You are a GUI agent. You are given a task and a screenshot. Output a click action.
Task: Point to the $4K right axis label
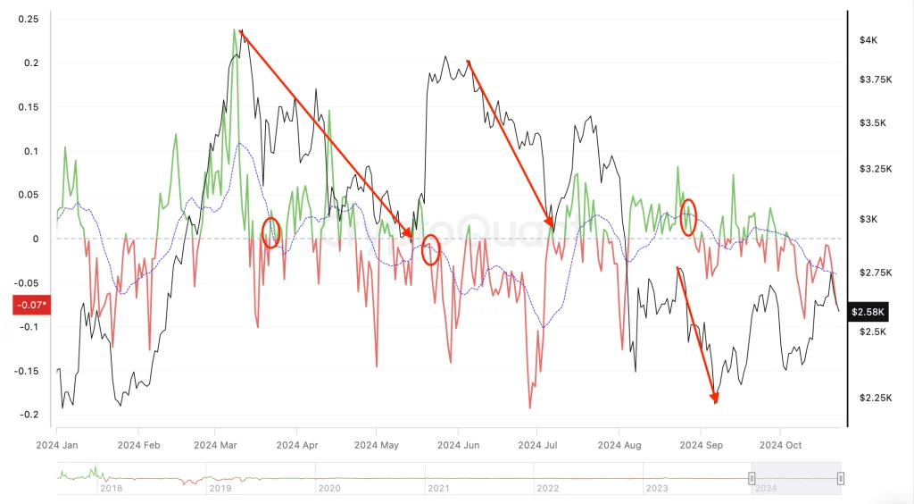tap(868, 40)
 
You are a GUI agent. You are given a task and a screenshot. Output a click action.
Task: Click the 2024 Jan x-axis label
tap(58, 444)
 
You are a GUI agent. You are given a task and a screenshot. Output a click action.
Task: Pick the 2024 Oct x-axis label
tap(781, 444)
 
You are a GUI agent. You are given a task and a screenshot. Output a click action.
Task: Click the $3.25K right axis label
tap(874, 169)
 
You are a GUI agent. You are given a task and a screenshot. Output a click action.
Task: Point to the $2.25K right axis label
tap(874, 398)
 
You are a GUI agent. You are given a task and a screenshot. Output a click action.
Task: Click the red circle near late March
tap(271, 232)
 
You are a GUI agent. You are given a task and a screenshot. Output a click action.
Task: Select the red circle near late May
tap(431, 249)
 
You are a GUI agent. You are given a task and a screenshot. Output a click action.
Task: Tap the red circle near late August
tap(688, 217)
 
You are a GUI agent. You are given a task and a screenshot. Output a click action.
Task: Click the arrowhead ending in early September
tap(714, 399)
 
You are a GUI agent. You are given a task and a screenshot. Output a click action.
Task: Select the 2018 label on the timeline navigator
tap(111, 488)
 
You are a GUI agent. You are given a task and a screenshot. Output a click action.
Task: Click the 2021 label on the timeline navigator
tap(437, 488)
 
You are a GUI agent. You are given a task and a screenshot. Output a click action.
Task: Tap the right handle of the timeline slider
tap(841, 479)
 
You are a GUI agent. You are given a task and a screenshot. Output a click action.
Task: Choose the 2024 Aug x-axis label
tap(619, 444)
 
